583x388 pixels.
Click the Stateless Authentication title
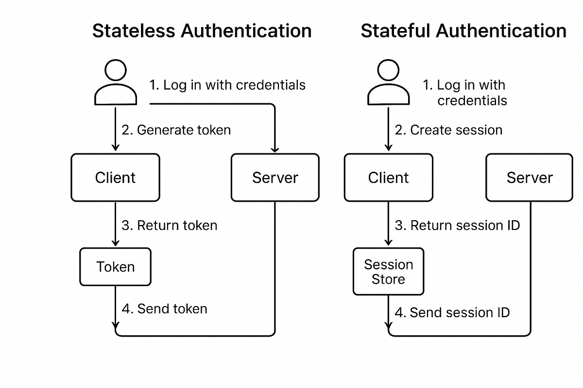(202, 31)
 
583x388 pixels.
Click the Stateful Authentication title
(463, 31)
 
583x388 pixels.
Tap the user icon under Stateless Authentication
(115, 83)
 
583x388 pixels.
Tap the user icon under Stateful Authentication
(388, 83)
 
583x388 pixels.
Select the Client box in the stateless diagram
(115, 178)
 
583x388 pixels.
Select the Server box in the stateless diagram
(275, 178)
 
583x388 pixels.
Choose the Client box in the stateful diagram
(388, 178)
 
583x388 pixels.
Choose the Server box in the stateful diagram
(530, 178)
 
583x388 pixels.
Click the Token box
(115, 267)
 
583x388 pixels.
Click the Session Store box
(388, 272)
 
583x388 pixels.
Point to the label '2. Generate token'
(176, 130)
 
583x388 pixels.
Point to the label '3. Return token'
(169, 226)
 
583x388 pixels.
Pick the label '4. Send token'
(164, 309)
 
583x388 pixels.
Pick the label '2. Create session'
(448, 130)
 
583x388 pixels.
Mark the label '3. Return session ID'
(457, 226)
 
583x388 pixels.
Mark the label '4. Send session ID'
(452, 312)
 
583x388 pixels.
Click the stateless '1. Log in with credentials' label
(227, 85)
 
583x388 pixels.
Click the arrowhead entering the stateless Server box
(275, 149)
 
